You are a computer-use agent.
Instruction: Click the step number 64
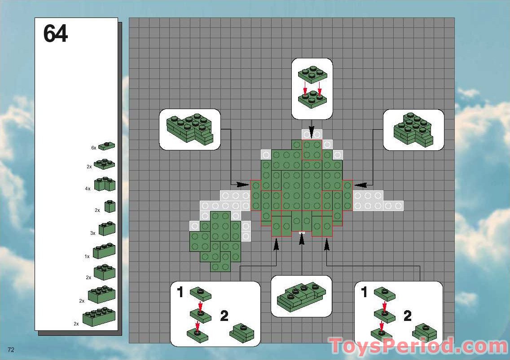(55, 34)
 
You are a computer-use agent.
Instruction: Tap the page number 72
(11, 350)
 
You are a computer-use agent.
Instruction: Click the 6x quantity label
(94, 148)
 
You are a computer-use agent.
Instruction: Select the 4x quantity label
(88, 189)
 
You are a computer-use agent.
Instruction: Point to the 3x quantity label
(93, 233)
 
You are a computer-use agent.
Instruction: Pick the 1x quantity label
(87, 257)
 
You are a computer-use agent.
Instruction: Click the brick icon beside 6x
(107, 146)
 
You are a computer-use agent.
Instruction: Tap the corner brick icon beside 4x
(105, 184)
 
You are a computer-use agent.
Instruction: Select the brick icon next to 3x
(107, 228)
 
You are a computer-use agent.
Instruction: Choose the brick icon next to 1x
(104, 251)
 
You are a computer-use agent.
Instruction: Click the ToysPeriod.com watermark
(419, 346)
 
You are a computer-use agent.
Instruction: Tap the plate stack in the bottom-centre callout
(302, 296)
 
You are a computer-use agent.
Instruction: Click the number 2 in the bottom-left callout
(224, 316)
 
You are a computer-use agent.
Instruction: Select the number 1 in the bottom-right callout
(364, 292)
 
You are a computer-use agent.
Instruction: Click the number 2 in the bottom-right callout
(408, 316)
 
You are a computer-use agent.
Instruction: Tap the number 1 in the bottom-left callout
(180, 292)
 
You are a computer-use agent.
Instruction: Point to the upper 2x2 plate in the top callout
(312, 75)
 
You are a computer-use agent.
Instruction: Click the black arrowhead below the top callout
(312, 134)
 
